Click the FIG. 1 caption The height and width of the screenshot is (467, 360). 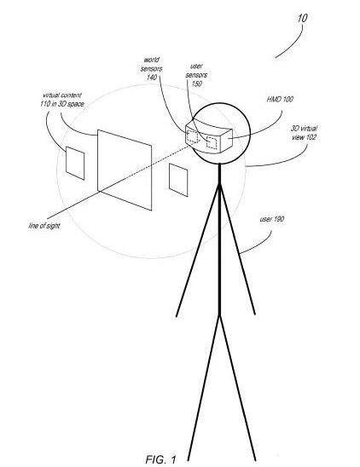[161, 459]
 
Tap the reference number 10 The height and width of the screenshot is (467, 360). [302, 18]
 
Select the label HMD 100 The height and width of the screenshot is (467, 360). [280, 99]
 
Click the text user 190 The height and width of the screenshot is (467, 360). [272, 219]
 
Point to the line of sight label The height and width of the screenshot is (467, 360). [44, 226]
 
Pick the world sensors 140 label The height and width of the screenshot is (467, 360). [152, 69]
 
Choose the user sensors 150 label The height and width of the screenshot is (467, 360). [196, 75]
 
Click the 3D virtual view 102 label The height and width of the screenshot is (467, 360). [304, 133]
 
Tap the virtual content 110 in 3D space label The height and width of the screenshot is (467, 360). [62, 100]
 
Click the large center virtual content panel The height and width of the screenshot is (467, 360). [125, 170]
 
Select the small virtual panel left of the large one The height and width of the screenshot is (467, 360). [75, 164]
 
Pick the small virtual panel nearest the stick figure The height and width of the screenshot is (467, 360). [178, 180]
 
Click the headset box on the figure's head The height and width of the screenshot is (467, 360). [209, 136]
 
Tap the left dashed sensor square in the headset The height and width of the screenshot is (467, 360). [193, 136]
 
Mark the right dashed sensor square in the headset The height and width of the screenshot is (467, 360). [212, 142]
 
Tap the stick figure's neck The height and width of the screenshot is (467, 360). [219, 174]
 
